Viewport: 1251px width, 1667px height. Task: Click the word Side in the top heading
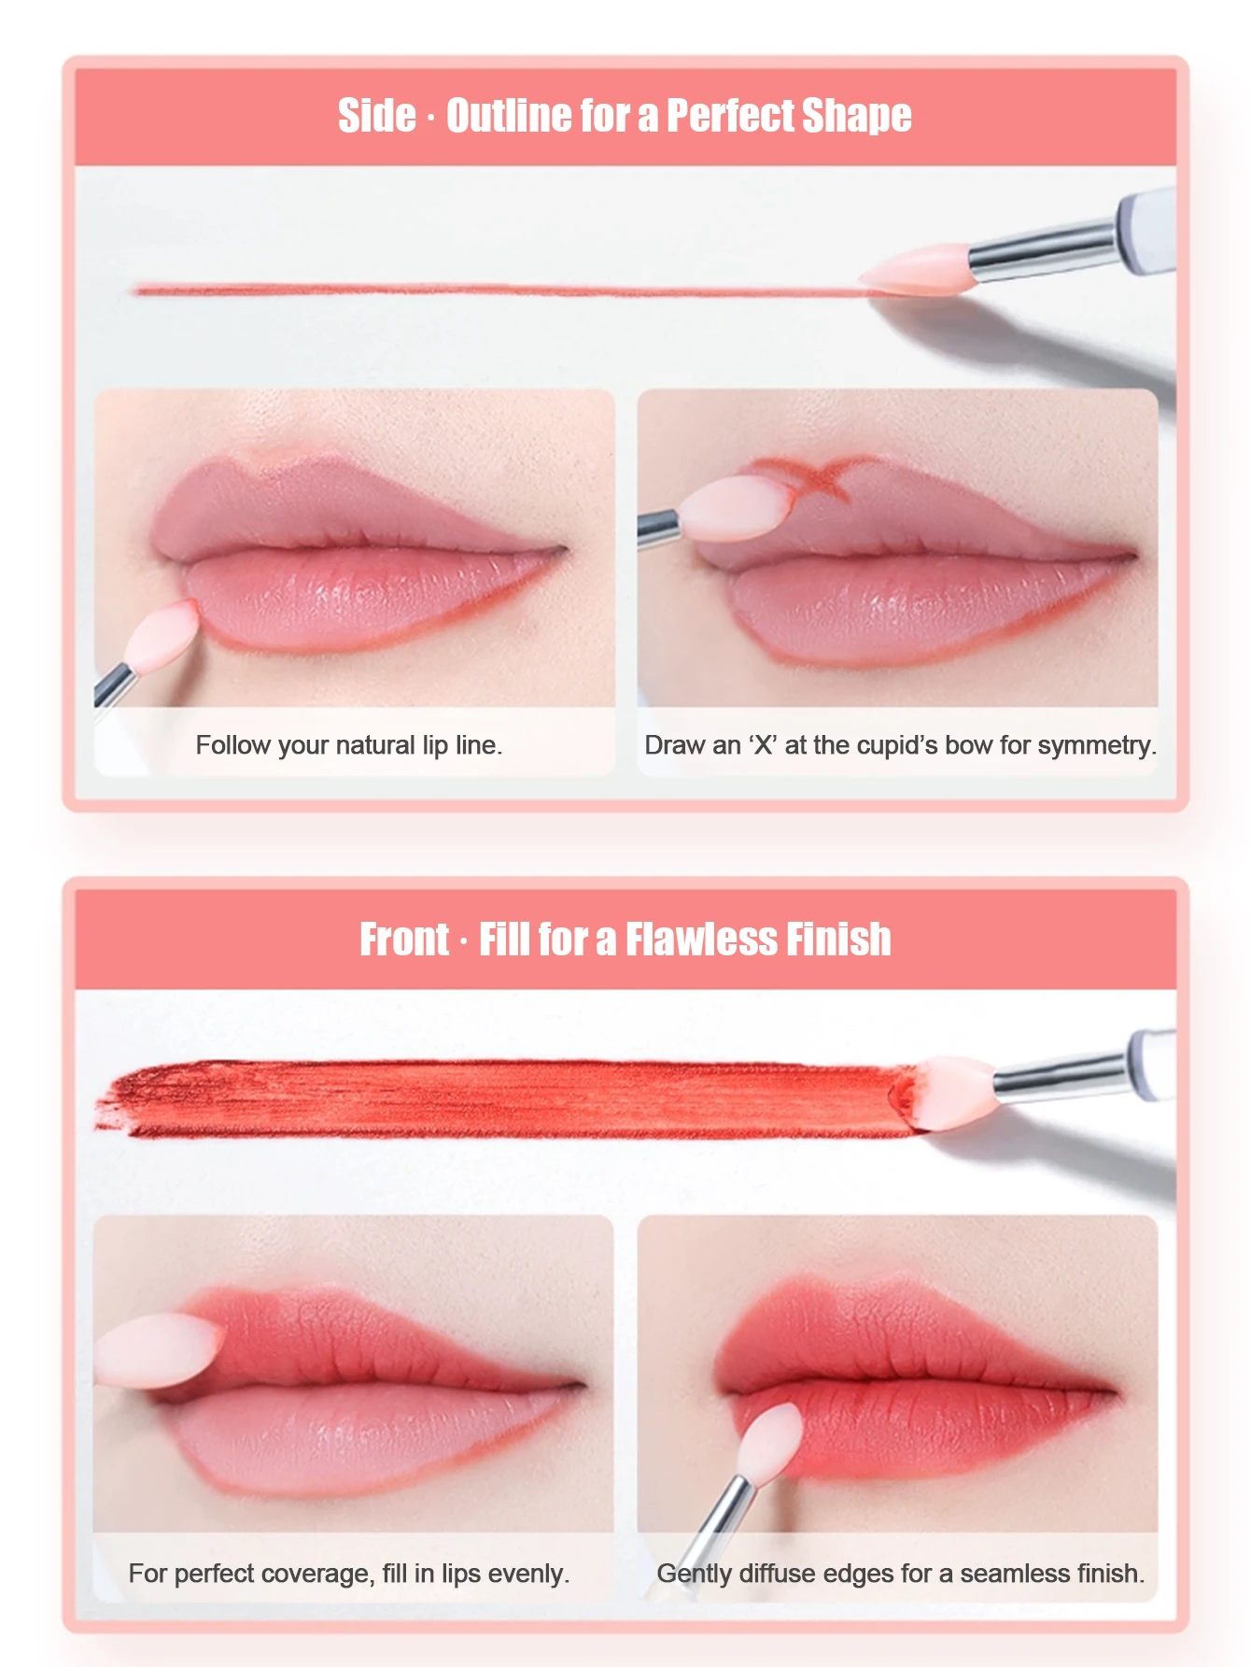tap(377, 116)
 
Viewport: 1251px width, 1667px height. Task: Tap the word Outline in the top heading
tap(510, 116)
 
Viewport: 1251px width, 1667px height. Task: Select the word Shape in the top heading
tap(856, 117)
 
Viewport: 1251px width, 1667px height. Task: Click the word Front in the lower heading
tap(404, 939)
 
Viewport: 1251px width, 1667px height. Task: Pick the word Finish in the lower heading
tap(838, 939)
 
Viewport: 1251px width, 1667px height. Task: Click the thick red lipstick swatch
tap(504, 1098)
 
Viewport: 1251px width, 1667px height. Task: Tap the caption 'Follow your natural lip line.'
tap(349, 745)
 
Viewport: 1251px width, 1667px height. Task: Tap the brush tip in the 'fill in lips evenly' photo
tap(159, 1349)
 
